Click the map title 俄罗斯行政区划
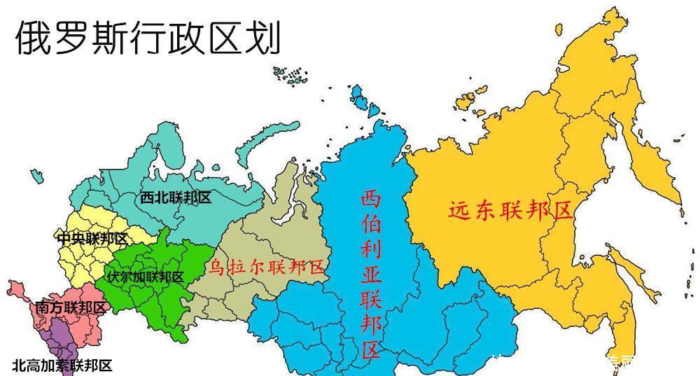point(148,36)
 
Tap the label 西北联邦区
point(176,197)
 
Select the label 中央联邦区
point(92,238)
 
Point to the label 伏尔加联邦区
point(146,277)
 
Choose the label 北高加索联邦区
point(62,365)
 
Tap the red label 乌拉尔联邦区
point(267,267)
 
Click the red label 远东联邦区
point(510,211)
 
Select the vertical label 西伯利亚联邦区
point(371,273)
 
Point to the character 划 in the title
point(264,36)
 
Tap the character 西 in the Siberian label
point(371,200)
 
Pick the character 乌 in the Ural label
point(218,267)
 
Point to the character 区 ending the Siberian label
point(371,348)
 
